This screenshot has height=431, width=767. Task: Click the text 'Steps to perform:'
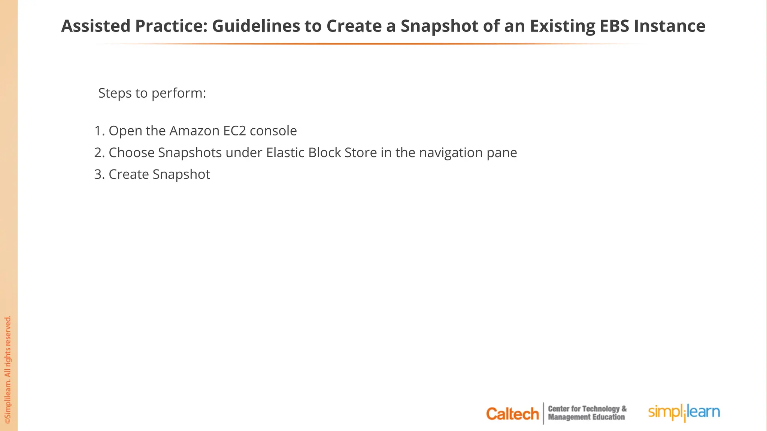[x=152, y=93]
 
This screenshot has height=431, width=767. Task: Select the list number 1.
[x=99, y=131]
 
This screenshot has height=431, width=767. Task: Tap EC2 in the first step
[x=234, y=131]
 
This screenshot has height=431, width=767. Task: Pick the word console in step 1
[x=273, y=131]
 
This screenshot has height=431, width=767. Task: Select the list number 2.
[x=99, y=153]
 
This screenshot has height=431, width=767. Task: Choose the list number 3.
[x=99, y=174]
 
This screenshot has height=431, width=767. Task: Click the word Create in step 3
[x=128, y=174]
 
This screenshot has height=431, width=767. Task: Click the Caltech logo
[x=512, y=414]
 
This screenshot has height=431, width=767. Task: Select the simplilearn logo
[x=684, y=412]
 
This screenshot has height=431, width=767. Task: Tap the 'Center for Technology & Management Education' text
[x=587, y=413]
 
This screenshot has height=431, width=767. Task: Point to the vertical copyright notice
[x=8, y=370]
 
